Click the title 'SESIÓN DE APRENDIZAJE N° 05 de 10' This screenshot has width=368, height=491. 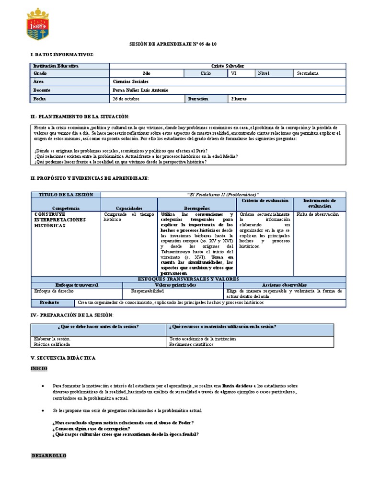(x=176, y=44)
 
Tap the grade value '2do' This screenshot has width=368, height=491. (x=147, y=73)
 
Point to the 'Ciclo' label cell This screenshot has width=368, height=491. (x=206, y=73)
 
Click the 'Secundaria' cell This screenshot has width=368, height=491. (x=307, y=73)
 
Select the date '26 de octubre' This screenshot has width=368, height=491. (x=126, y=99)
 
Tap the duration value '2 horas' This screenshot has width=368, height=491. (x=239, y=99)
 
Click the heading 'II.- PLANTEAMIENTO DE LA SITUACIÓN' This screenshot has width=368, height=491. (x=80, y=117)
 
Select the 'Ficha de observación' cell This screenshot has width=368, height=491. (x=317, y=214)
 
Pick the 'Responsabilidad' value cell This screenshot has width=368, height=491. (x=148, y=291)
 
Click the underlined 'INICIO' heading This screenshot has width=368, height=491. (x=39, y=368)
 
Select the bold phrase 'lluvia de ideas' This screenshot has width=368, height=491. (x=240, y=386)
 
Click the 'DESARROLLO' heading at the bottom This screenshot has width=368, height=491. (x=49, y=455)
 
